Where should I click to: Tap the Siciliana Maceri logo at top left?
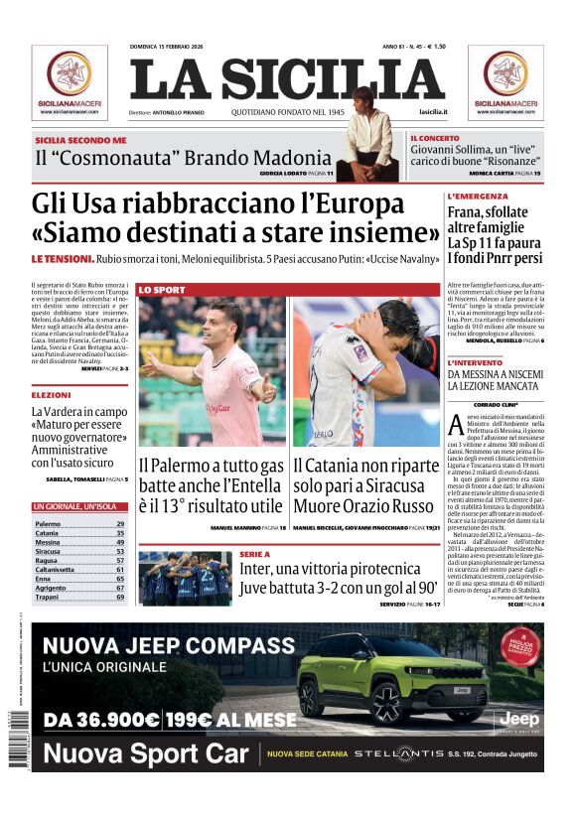[70, 80]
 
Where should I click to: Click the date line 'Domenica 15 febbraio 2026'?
[174, 47]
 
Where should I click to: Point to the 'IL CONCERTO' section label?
[434, 138]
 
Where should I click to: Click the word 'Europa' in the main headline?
[347, 204]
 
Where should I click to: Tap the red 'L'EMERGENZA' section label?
[479, 197]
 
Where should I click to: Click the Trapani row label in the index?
[47, 598]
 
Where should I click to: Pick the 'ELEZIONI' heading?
[51, 395]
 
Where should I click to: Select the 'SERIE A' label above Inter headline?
[254, 555]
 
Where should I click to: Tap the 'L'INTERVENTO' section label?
[479, 362]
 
